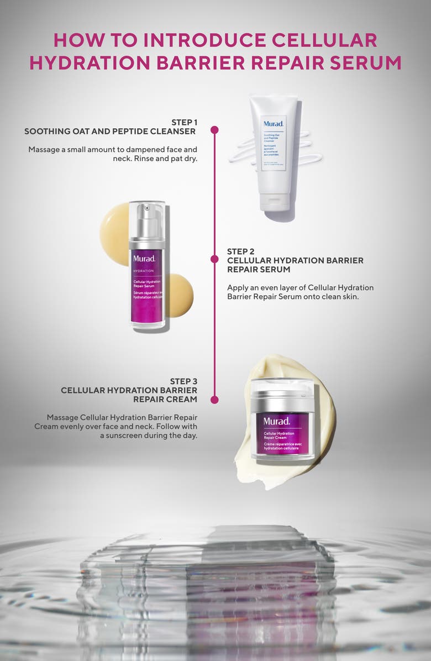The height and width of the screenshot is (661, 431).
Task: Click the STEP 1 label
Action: (x=184, y=122)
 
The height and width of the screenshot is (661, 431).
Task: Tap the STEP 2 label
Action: (x=237, y=251)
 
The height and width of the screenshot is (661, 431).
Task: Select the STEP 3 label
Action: (x=184, y=381)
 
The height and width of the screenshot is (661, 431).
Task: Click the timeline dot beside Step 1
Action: (x=214, y=130)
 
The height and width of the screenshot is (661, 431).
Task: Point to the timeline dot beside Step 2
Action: (x=214, y=259)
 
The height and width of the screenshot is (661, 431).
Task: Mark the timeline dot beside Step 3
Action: (x=214, y=399)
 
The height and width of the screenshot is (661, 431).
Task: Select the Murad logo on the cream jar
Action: (x=276, y=421)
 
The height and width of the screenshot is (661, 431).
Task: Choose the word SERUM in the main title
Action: (x=369, y=62)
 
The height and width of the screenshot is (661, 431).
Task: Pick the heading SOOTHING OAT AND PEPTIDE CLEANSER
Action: (x=110, y=132)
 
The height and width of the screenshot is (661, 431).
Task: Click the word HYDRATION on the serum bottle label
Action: (x=144, y=271)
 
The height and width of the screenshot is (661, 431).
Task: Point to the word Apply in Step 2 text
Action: (x=238, y=287)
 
